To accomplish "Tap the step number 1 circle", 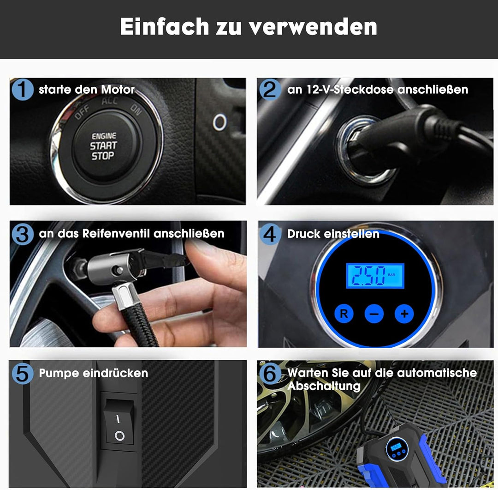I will (x=22, y=89).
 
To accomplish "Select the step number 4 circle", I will (x=270, y=234).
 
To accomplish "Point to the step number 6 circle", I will (x=270, y=373).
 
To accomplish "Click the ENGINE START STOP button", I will (x=103, y=146).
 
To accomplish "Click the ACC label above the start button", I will (x=110, y=101).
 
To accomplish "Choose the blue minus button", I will (x=374, y=314).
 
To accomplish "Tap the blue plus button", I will (x=404, y=314).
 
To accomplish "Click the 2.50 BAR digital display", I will (x=375, y=276).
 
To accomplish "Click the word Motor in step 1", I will (x=118, y=90).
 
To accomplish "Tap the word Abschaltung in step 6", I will (x=324, y=386).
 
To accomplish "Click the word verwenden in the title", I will (x=313, y=27).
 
